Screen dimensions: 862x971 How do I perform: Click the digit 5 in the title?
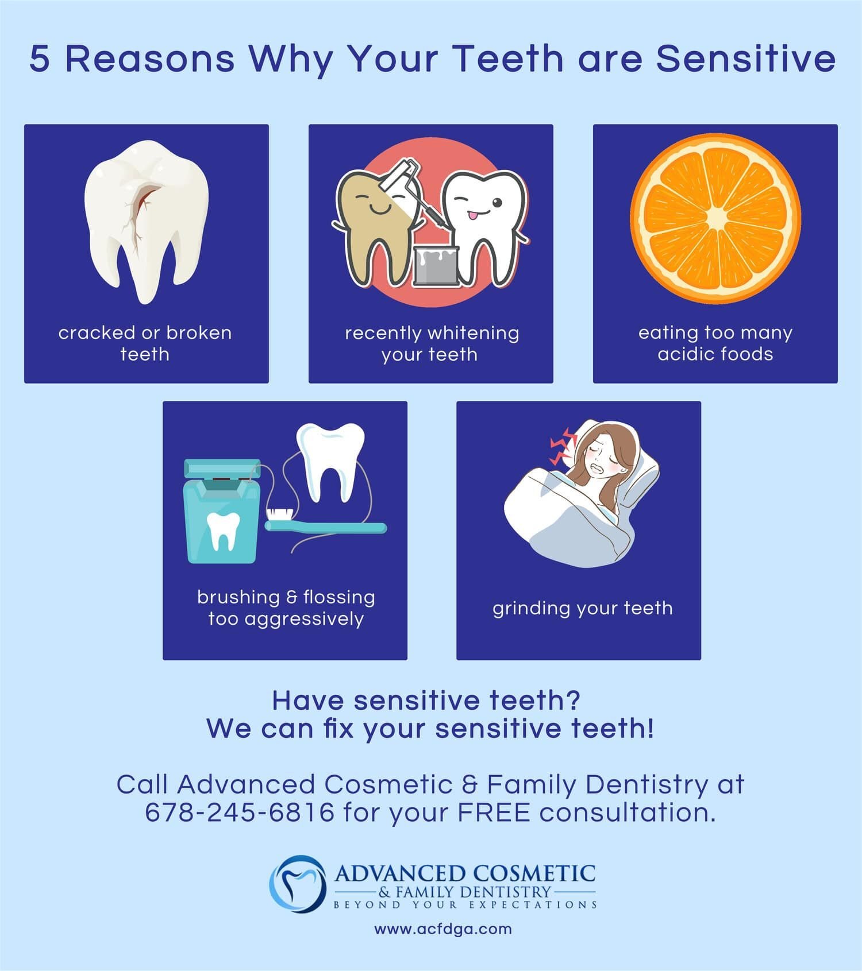pyautogui.click(x=40, y=59)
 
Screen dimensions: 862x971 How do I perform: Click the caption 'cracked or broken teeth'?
pyautogui.click(x=145, y=343)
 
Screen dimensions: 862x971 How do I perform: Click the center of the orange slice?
pyautogui.click(x=716, y=219)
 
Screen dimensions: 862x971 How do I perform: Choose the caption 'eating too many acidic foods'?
pyautogui.click(x=715, y=343)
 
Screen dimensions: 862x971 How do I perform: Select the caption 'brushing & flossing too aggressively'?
pyautogui.click(x=286, y=608)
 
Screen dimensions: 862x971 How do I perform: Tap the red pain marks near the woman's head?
pyautogui.click(x=562, y=446)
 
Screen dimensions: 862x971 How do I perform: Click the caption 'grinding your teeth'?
pyautogui.click(x=583, y=609)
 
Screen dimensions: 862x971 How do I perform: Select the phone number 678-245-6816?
pyautogui.click(x=240, y=813)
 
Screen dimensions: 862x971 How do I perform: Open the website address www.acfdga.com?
pyautogui.click(x=443, y=929)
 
